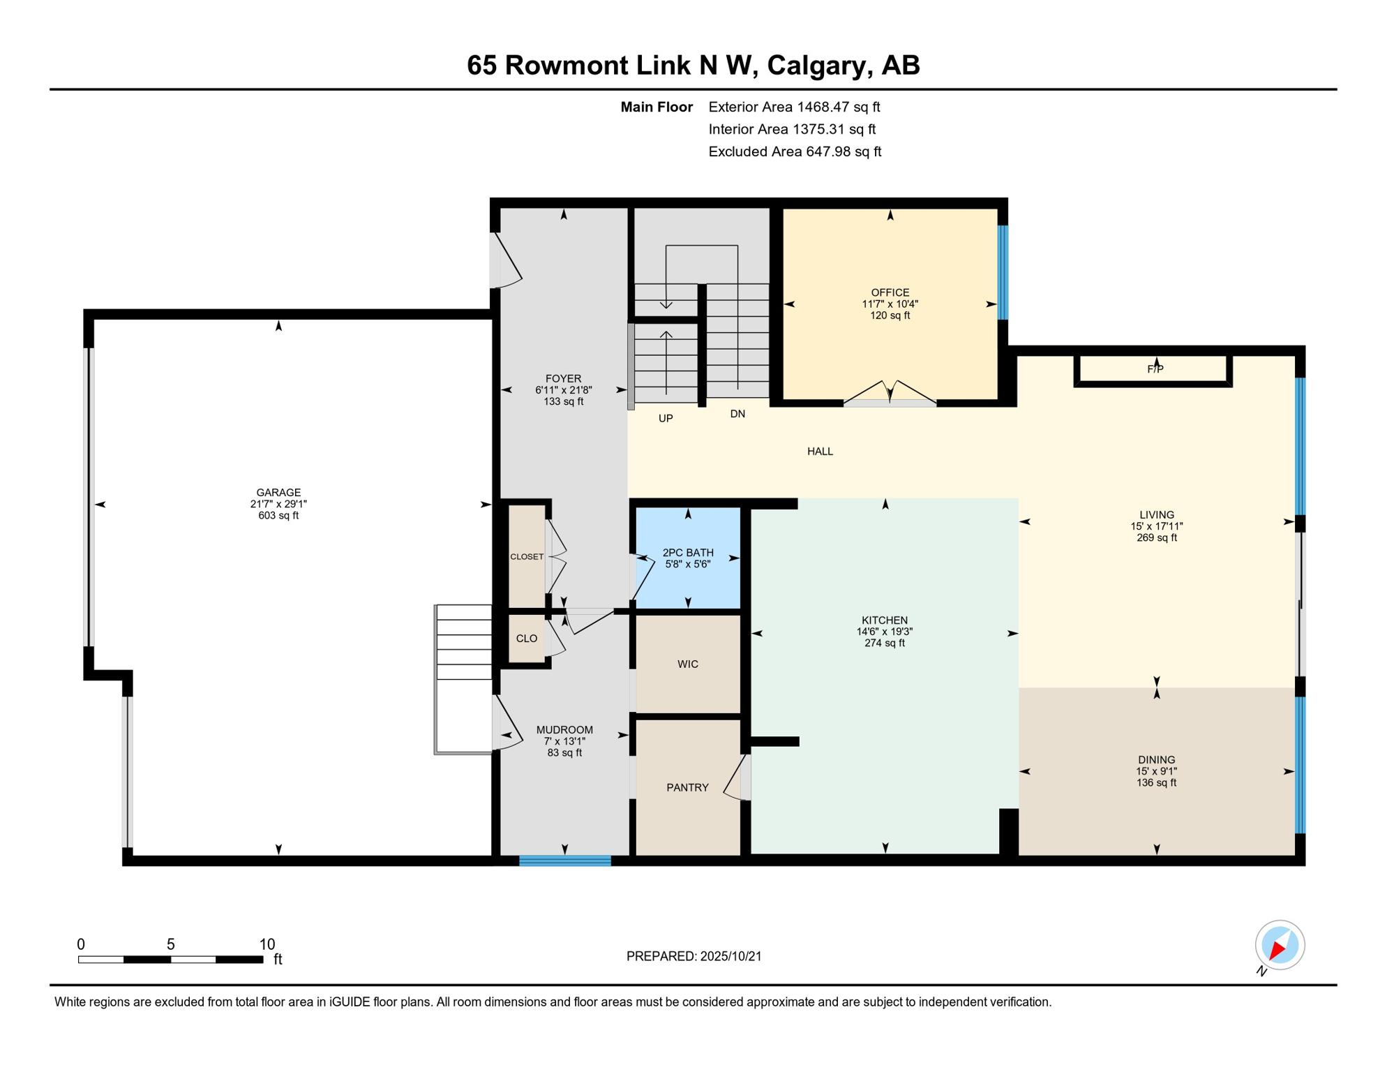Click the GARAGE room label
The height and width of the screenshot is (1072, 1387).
278,493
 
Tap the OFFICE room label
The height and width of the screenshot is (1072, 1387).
890,292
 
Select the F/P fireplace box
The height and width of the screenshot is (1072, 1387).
1153,370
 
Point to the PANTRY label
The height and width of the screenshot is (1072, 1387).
687,788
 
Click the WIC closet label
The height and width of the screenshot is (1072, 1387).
688,664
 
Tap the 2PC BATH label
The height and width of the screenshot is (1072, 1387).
688,553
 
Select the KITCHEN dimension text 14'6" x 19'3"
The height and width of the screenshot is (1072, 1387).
885,632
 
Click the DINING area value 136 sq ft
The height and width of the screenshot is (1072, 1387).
1156,783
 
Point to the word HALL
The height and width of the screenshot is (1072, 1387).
820,452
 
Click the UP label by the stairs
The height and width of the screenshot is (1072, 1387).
666,419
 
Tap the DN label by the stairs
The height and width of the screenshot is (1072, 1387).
737,414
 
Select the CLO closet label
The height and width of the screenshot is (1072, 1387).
527,639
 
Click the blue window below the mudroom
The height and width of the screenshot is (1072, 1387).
565,861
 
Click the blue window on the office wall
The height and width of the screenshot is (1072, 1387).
1003,272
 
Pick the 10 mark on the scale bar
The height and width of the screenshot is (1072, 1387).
267,944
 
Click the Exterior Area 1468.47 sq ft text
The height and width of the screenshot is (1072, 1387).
794,107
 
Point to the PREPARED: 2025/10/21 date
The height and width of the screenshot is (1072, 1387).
693,956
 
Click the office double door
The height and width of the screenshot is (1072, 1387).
890,394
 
